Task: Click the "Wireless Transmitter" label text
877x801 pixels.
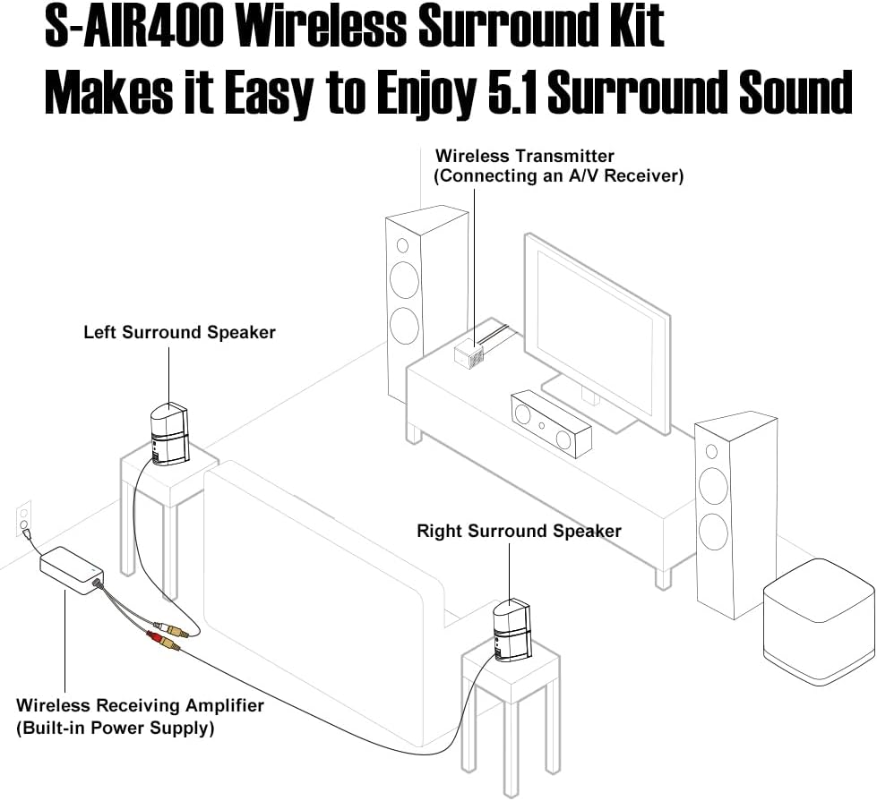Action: pyautogui.click(x=525, y=156)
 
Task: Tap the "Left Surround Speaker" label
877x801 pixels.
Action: pyautogui.click(x=179, y=333)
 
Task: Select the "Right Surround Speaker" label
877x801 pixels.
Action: pyautogui.click(x=519, y=531)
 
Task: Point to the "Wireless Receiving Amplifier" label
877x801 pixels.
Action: pyautogui.click(x=140, y=705)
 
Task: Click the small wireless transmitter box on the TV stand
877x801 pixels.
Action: pyautogui.click(x=469, y=355)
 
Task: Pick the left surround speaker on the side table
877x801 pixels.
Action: pyautogui.click(x=169, y=434)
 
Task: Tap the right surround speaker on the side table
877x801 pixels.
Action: pyautogui.click(x=512, y=632)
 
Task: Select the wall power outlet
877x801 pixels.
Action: pyautogui.click(x=23, y=519)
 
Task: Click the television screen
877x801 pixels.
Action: pyautogui.click(x=596, y=333)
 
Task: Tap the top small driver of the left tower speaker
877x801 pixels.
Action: pyautogui.click(x=402, y=246)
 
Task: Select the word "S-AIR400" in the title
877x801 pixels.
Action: pyautogui.click(x=134, y=26)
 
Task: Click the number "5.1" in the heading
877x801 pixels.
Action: pyautogui.click(x=512, y=92)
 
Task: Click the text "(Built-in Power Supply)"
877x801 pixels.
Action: pyautogui.click(x=116, y=729)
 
